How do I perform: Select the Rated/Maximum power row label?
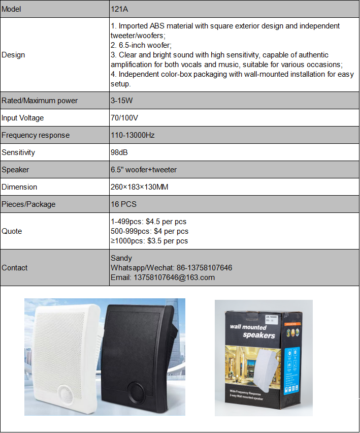coord(40,101)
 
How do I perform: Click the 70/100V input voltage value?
coord(124,118)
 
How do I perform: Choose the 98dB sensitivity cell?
coord(120,152)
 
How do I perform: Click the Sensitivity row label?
coord(19,152)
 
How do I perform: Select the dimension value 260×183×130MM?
coord(139,187)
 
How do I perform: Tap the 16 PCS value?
coord(123,204)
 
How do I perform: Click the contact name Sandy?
coord(121,258)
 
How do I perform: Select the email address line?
coord(162,277)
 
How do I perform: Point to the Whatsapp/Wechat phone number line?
coord(171,268)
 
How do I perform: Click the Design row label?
coord(13,55)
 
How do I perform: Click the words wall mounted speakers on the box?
coord(252,331)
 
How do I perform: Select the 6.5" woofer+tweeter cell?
coord(143,170)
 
